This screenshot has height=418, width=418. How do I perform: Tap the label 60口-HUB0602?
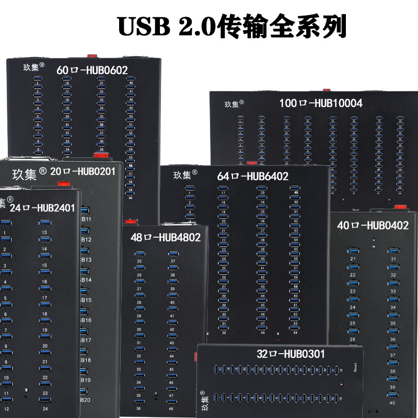click(92, 69)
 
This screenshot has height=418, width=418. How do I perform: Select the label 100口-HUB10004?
click(320, 103)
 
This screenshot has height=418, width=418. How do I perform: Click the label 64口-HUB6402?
click(252, 177)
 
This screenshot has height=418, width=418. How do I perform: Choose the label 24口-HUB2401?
click(42, 208)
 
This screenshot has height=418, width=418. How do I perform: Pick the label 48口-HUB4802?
click(166, 238)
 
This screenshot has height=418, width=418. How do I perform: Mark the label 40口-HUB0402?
click(373, 226)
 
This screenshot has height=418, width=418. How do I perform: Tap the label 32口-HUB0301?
click(291, 354)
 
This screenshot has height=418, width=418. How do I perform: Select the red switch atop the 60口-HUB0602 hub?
click(92, 54)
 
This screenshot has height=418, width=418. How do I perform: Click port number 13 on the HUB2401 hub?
click(44, 232)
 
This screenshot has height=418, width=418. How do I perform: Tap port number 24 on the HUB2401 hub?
click(45, 409)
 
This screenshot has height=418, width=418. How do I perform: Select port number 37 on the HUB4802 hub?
click(172, 261)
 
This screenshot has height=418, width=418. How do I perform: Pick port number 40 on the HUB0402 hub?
click(392, 402)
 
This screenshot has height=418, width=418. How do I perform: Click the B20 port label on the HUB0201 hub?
click(86, 400)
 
